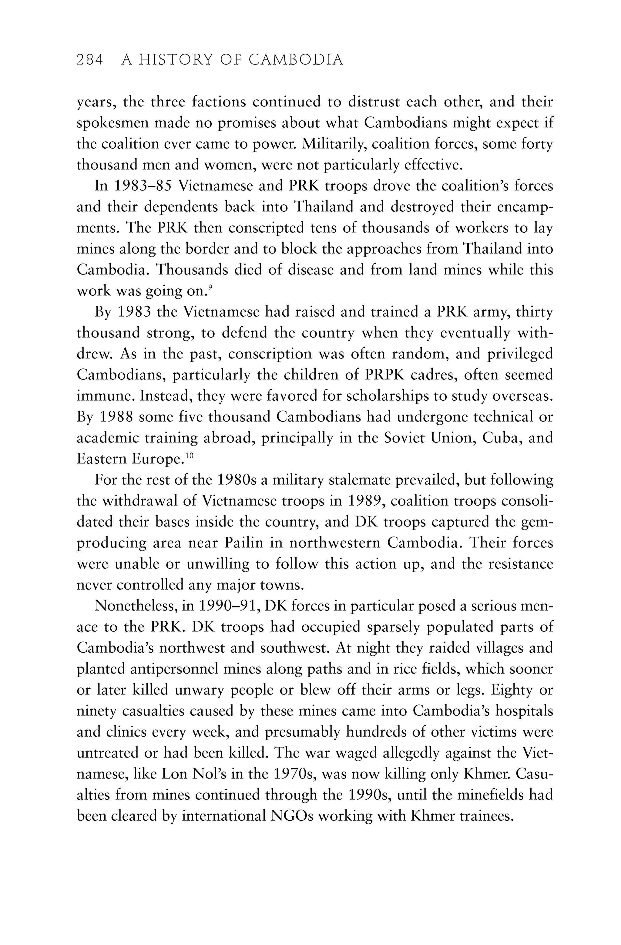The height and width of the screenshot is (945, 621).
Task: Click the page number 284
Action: [90, 60]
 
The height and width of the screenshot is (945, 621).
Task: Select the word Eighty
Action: [512, 690]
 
